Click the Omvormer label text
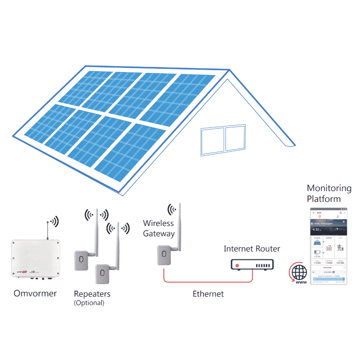(36, 293)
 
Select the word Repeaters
(92, 294)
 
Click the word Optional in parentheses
(89, 303)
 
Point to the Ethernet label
(208, 294)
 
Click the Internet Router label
(252, 249)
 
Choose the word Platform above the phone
(323, 198)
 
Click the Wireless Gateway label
(158, 228)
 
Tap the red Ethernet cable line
(198, 282)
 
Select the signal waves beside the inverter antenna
(55, 221)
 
